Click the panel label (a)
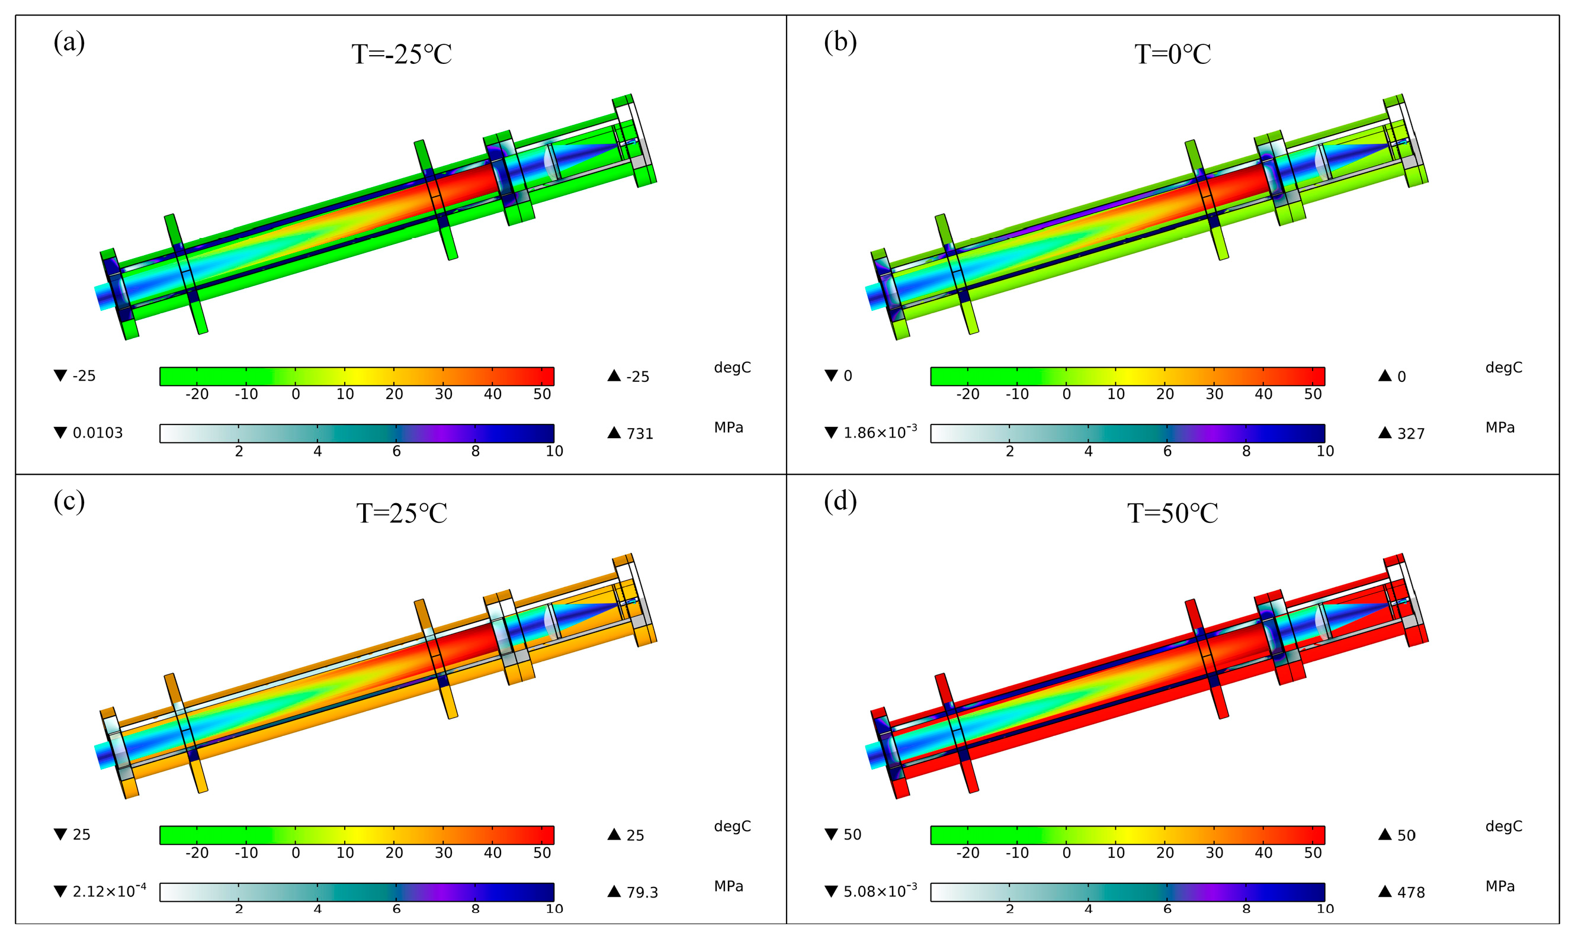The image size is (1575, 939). point(69,43)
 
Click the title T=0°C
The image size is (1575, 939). point(1172,54)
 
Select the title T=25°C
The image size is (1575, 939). point(402,513)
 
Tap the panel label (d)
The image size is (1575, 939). point(840,502)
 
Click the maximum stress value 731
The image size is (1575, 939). point(639,433)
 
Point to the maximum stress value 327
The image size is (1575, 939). point(1410,433)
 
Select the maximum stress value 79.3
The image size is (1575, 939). point(642,892)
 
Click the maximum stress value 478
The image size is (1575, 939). point(1410,892)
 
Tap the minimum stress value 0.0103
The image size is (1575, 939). point(98,433)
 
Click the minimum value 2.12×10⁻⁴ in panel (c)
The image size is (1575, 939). point(109,891)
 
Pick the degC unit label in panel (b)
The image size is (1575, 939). point(1503,368)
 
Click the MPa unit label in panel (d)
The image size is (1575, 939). point(1500,886)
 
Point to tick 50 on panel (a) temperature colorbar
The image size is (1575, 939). point(542,394)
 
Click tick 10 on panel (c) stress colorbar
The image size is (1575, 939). point(554,909)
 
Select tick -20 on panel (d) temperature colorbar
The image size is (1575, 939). point(967,853)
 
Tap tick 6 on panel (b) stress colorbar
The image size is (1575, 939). point(1167,451)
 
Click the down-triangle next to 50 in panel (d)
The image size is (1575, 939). point(831,834)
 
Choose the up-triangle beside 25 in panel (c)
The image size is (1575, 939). point(614,834)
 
